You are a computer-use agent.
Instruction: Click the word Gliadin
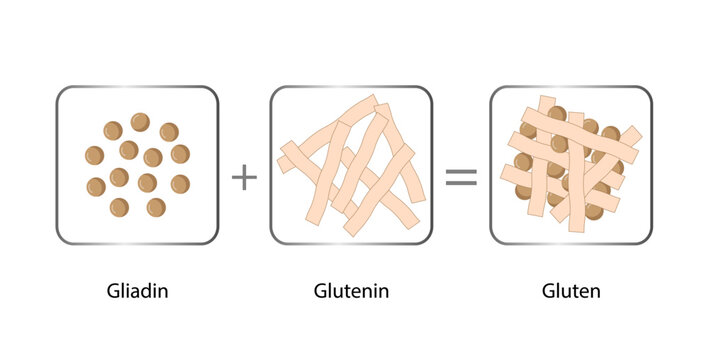pyautogui.click(x=137, y=293)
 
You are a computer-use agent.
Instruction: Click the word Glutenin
pyautogui.click(x=351, y=293)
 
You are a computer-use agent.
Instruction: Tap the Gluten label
pyautogui.click(x=571, y=293)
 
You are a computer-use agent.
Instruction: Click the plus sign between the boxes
pyautogui.click(x=244, y=178)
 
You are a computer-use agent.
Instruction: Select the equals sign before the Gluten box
pyautogui.click(x=460, y=178)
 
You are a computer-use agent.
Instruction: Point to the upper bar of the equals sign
pyautogui.click(x=460, y=171)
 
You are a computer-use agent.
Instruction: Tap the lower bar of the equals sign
pyautogui.click(x=460, y=185)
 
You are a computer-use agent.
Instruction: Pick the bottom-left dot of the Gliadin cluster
pyautogui.click(x=119, y=207)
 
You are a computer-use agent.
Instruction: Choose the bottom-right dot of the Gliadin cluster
pyautogui.click(x=156, y=207)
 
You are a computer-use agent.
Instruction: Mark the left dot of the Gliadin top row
pyautogui.click(x=113, y=130)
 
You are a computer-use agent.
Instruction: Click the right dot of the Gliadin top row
pyautogui.click(x=169, y=132)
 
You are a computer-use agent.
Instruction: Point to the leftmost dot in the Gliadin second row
pyautogui.click(x=94, y=155)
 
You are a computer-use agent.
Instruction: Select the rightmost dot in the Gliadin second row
pyautogui.click(x=180, y=154)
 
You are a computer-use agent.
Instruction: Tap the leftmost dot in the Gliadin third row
pyautogui.click(x=96, y=186)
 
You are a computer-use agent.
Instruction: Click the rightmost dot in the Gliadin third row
pyautogui.click(x=181, y=184)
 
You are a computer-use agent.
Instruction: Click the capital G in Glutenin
pyautogui.click(x=319, y=293)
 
